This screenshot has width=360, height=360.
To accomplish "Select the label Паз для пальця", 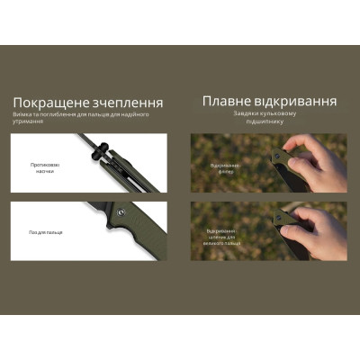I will click(45, 231).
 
